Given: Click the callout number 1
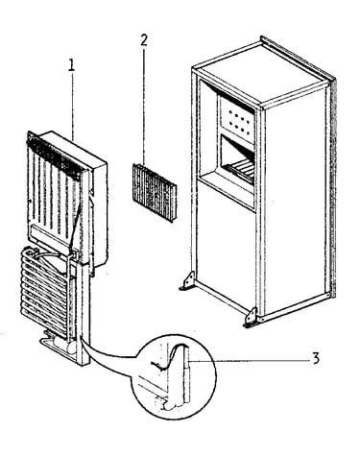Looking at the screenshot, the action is pyautogui.click(x=71, y=65).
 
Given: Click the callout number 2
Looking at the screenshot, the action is pyautogui.click(x=144, y=40).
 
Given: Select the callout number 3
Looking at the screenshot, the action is pyautogui.click(x=316, y=358).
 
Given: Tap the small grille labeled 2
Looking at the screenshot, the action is pyautogui.click(x=155, y=192).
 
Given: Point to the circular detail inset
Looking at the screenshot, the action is pyautogui.click(x=174, y=377).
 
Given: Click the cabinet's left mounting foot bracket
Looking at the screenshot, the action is pyautogui.click(x=187, y=280).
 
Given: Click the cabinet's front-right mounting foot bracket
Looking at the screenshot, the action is pyautogui.click(x=252, y=318).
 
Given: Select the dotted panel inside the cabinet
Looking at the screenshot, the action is pyautogui.click(x=237, y=119).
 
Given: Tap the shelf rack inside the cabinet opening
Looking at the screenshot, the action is pyautogui.click(x=238, y=166).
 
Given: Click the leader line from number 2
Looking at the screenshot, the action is pyautogui.click(x=144, y=107).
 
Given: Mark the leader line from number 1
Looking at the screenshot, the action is pyautogui.click(x=72, y=106).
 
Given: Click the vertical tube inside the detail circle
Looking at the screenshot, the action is pyautogui.click(x=186, y=374).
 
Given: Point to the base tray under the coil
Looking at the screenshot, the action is pyautogui.click(x=60, y=348).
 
